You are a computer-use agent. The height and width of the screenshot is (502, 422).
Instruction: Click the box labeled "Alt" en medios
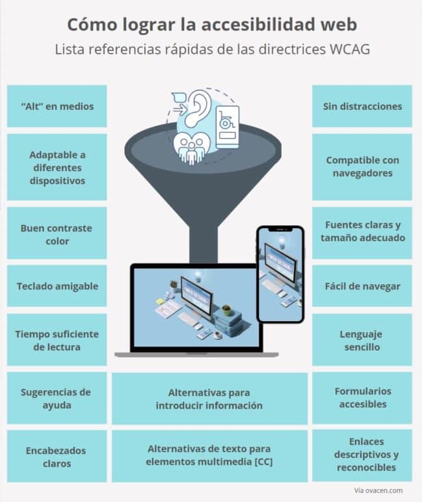coord(57,106)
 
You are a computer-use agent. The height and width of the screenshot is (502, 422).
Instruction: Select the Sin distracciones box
coord(362,106)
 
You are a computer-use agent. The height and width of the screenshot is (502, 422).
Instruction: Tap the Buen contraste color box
coord(57,234)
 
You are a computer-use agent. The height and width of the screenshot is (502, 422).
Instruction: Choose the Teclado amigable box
coord(57,285)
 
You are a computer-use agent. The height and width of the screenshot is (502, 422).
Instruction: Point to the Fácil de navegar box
coord(362,285)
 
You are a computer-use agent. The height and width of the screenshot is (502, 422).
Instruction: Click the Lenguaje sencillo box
coord(362,340)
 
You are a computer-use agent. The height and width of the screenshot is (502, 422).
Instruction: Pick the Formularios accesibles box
coord(362,397)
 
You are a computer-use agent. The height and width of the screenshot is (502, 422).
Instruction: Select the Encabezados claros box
coord(57,456)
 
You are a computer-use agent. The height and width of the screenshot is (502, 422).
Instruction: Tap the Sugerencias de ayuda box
coord(57,398)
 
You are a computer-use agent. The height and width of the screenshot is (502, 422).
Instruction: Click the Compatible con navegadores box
coord(362,166)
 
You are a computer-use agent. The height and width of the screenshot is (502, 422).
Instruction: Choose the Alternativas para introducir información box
coord(209,399)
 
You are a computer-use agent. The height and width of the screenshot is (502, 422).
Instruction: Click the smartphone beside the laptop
coord(280,274)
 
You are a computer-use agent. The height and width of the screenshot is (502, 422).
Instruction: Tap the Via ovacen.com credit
coord(378,490)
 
